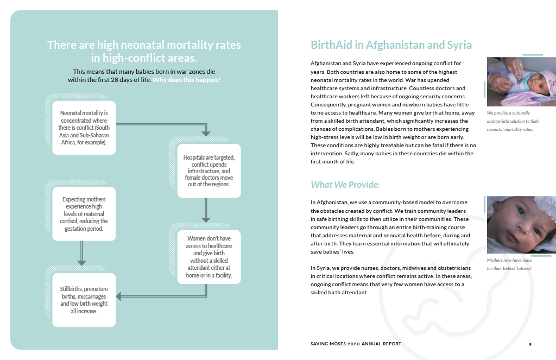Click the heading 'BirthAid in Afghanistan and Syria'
[391, 45]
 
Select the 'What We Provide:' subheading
[345, 185]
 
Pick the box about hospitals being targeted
[209, 170]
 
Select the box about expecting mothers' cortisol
[84, 214]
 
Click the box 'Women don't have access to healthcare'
[209, 257]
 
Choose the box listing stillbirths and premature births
[84, 300]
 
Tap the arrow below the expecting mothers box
[81, 254]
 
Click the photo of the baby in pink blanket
[521, 82]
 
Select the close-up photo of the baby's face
[521, 224]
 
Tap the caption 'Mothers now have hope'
[509, 264]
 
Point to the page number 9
[530, 344]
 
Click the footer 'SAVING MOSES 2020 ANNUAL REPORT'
[356, 344]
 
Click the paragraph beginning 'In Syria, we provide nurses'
[391, 281]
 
